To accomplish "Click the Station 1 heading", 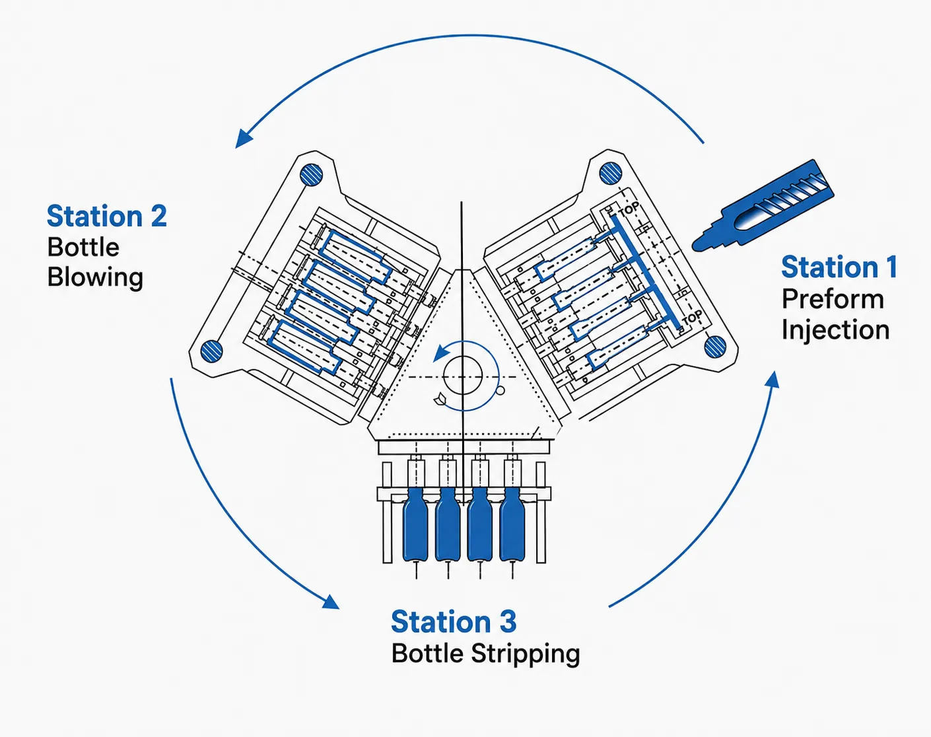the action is point(839,267).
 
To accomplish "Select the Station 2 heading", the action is point(106,216).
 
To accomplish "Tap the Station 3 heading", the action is point(454,622).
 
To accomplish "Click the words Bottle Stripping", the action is point(485,654).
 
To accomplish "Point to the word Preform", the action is point(833,299).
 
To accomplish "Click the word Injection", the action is point(835,331).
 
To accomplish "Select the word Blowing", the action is point(95,278).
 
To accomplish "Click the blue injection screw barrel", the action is point(763,206).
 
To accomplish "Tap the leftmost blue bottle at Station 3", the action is point(415,524).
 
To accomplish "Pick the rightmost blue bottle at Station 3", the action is point(512,524).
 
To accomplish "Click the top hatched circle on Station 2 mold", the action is point(311,175).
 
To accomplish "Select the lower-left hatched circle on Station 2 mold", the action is point(211,351).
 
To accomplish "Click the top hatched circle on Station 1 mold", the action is point(610,174).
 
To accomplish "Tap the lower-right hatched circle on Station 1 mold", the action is point(715,347).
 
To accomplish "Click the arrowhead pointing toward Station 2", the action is point(243,139).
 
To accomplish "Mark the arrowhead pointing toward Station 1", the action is point(773,380).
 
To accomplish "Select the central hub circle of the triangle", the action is point(462,376).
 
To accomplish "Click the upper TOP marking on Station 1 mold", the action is point(628,210).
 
